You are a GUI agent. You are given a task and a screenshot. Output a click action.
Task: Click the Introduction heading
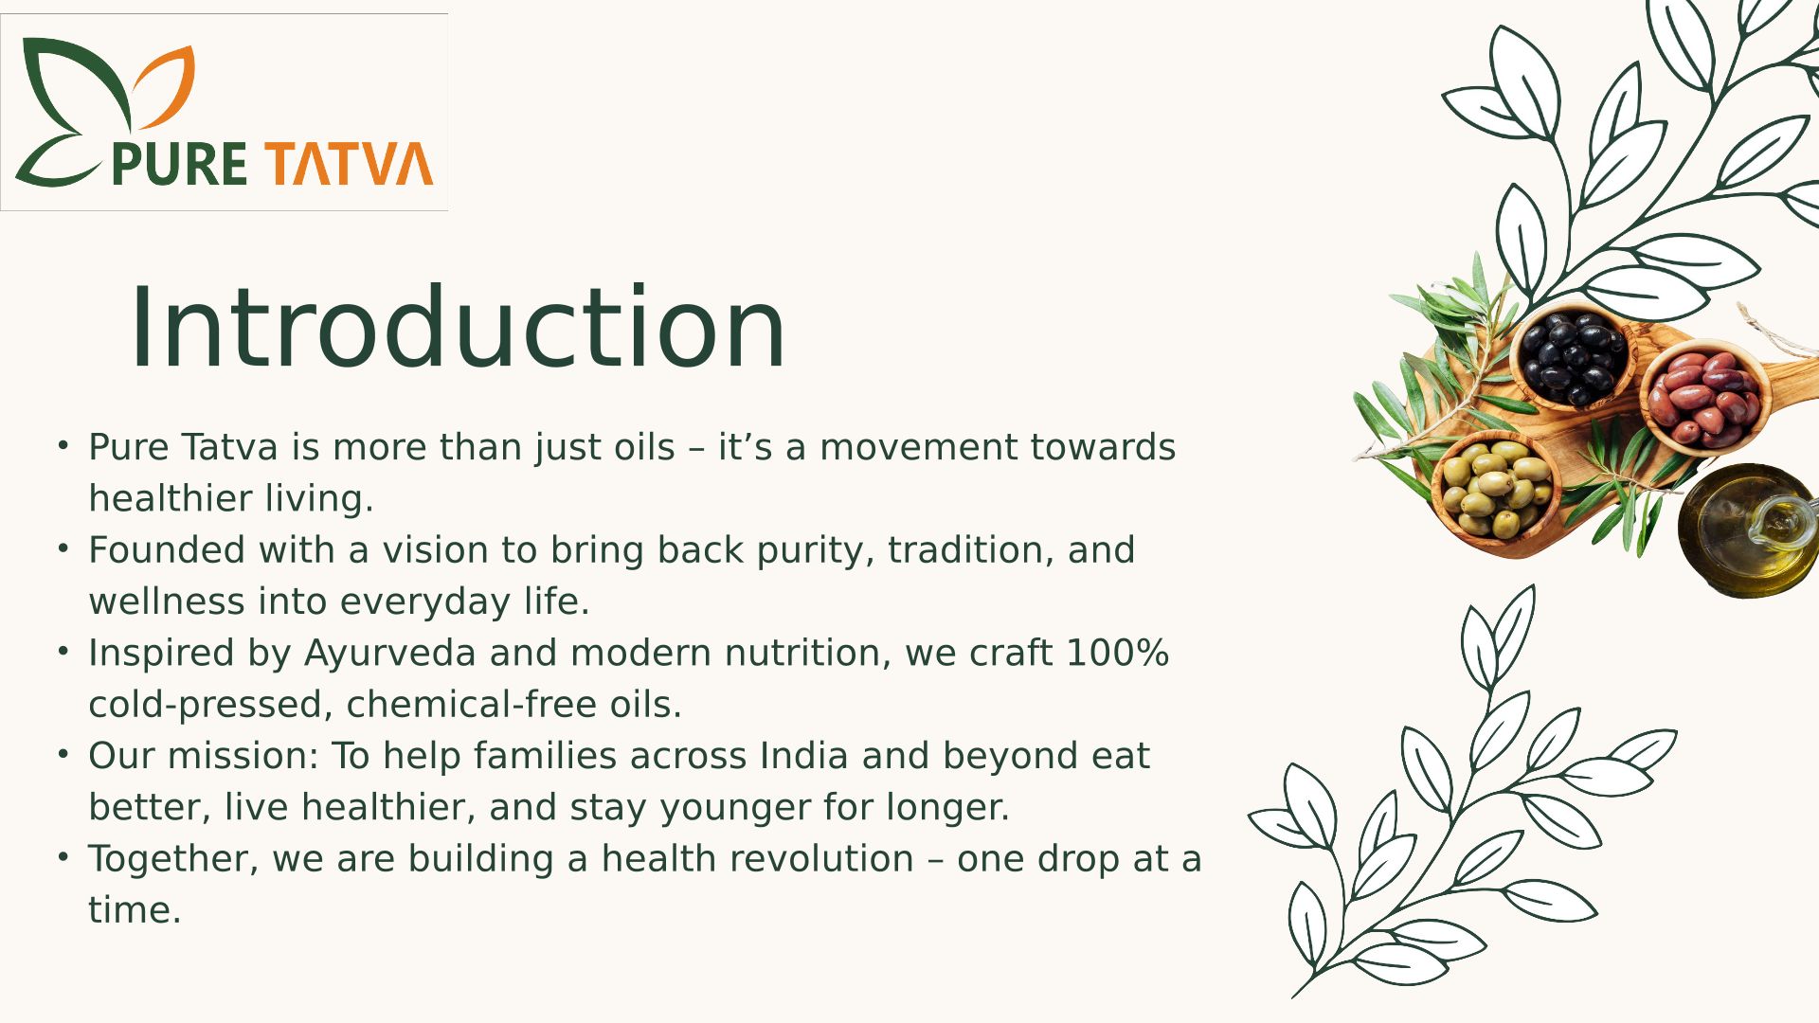(x=458, y=327)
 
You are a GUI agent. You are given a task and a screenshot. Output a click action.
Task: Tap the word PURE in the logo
(x=180, y=164)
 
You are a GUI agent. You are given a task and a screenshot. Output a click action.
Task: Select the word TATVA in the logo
(x=349, y=164)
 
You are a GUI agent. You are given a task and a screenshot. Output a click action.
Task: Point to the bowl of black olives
(x=1574, y=355)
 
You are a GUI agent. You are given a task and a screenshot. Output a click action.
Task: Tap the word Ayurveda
(x=389, y=655)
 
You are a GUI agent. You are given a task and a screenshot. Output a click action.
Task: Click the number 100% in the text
(x=1118, y=653)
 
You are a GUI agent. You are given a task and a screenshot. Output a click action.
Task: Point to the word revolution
(x=758, y=859)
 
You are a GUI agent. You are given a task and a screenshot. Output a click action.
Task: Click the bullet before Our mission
(x=63, y=754)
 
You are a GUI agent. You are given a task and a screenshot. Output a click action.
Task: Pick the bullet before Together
(x=63, y=857)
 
